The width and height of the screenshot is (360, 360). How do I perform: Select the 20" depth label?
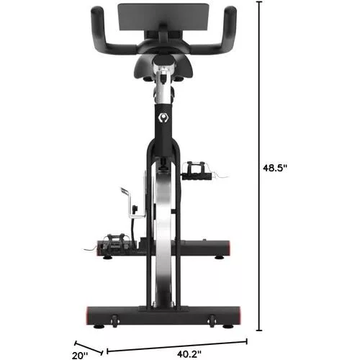point(81,353)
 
